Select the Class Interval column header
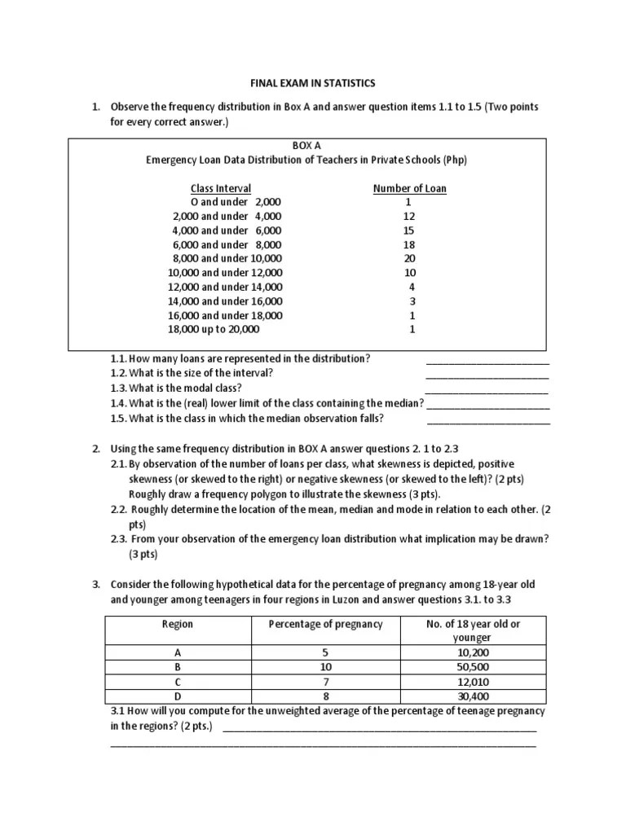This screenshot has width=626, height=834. pyautogui.click(x=221, y=188)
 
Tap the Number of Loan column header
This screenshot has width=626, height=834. pyautogui.click(x=409, y=188)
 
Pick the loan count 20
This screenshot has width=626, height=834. pyautogui.click(x=409, y=258)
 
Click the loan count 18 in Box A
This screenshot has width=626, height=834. pyautogui.click(x=409, y=244)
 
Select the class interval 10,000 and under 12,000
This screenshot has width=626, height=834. pyautogui.click(x=225, y=273)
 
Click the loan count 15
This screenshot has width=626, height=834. pyautogui.click(x=409, y=230)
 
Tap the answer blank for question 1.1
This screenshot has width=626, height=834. pyautogui.click(x=487, y=360)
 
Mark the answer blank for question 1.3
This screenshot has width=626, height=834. pyautogui.click(x=487, y=389)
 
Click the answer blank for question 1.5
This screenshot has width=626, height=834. pyautogui.click(x=487, y=419)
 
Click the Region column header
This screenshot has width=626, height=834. pyautogui.click(x=178, y=624)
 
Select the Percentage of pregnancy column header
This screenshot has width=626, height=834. pyautogui.click(x=325, y=624)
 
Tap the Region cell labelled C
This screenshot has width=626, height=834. pyautogui.click(x=178, y=681)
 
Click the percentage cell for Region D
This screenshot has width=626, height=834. pyautogui.click(x=325, y=696)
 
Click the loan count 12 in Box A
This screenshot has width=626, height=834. pyautogui.click(x=409, y=217)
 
